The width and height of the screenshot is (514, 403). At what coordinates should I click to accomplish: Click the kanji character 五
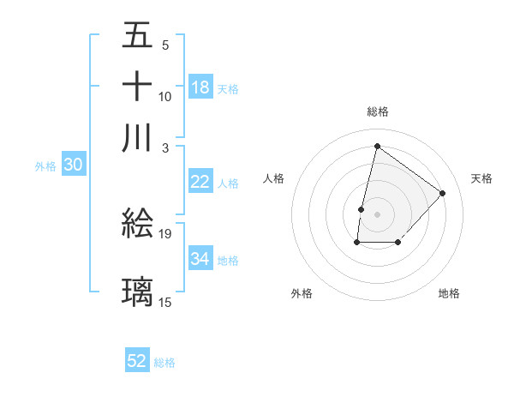138,36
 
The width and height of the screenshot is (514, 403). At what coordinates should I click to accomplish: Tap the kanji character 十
138,87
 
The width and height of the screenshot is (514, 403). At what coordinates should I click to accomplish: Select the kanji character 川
138,138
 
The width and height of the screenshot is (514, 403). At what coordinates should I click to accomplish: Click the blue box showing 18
200,87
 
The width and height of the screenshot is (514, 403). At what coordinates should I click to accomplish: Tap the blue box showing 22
200,182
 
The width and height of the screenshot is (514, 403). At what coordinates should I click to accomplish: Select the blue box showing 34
200,258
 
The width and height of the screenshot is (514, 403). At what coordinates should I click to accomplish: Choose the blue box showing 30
73,165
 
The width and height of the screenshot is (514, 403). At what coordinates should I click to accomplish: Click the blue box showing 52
137,361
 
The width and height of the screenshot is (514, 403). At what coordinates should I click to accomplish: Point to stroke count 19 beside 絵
165,233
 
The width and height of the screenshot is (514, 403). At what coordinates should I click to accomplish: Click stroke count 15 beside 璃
165,302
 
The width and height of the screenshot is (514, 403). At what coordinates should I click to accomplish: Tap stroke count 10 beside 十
165,96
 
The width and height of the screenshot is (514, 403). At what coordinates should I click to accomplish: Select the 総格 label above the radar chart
377,111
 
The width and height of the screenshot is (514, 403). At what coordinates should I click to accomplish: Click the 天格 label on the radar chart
481,178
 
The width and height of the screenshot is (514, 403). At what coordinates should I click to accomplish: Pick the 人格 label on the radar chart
273,178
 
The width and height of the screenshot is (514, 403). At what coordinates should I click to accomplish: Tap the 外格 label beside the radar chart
302,293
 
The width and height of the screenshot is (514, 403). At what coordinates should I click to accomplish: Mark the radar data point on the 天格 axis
442,193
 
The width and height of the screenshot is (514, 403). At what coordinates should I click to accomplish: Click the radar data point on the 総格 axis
377,146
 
